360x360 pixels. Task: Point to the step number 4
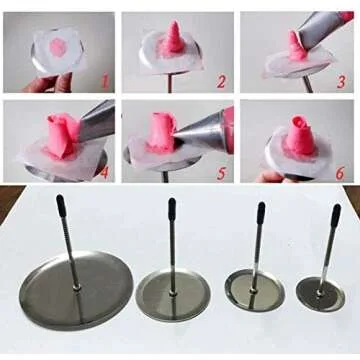pos(104,171)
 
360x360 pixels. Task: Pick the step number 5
pos(222,171)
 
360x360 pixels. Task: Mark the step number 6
pos(340,171)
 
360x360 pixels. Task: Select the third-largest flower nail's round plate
pos(254,290)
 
